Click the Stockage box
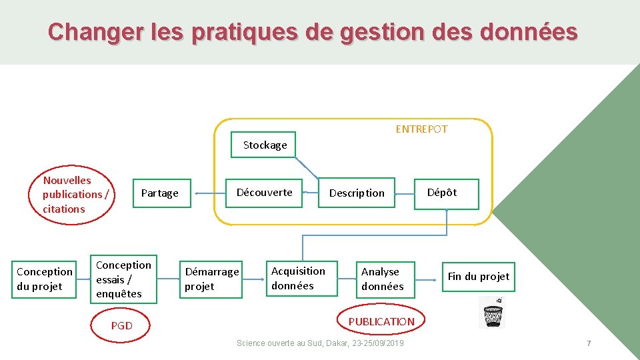tap(264, 145)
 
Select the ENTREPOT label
tap(421, 129)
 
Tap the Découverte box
tap(264, 193)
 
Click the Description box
tap(357, 193)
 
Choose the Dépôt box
tap(442, 193)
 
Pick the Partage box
tap(160, 193)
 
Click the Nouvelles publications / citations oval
tap(75, 194)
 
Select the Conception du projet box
tap(44, 279)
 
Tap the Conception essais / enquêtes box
tap(123, 279)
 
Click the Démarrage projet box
tap(211, 279)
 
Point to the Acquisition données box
tap(298, 278)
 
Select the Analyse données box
tap(382, 279)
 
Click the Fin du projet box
tap(478, 276)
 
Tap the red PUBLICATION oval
tap(381, 321)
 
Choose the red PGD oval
tap(122, 325)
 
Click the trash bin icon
tap(492, 313)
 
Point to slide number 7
tap(589, 343)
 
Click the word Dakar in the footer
tap(335, 343)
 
